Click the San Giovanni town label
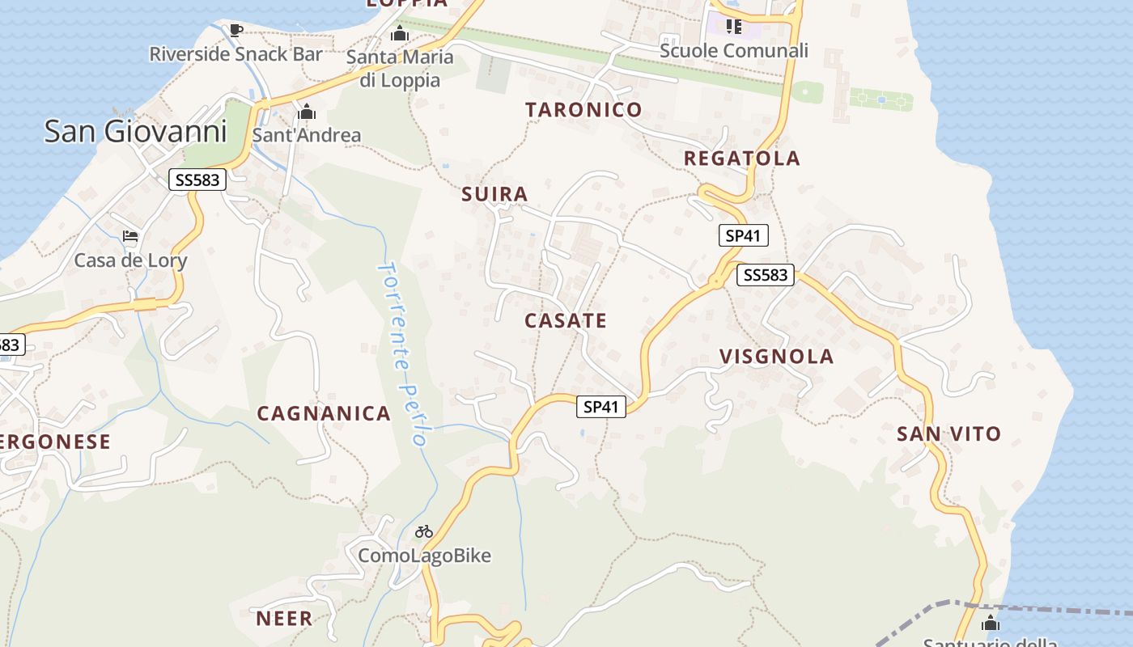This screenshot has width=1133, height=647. pyautogui.click(x=135, y=131)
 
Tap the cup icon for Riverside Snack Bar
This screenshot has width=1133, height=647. pyautogui.click(x=236, y=31)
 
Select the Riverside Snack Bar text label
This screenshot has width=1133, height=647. pyautogui.click(x=236, y=54)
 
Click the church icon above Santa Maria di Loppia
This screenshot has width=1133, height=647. pyautogui.click(x=399, y=35)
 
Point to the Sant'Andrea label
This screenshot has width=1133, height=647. pyautogui.click(x=307, y=135)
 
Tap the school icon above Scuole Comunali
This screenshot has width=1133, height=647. pyautogui.click(x=734, y=27)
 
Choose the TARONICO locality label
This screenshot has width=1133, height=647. pyautogui.click(x=583, y=109)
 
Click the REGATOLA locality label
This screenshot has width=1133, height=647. pyautogui.click(x=742, y=159)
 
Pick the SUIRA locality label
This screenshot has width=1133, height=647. pyautogui.click(x=494, y=194)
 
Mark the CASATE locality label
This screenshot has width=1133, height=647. pyautogui.click(x=566, y=321)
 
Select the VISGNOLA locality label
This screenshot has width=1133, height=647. pyautogui.click(x=777, y=357)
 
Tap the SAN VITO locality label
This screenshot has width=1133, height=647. pyautogui.click(x=949, y=434)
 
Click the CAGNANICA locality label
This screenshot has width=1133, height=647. pyautogui.click(x=324, y=414)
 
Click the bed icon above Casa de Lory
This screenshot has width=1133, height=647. pyautogui.click(x=130, y=236)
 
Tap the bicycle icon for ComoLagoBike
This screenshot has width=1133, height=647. pyautogui.click(x=424, y=531)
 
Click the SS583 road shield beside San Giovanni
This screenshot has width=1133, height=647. pyautogui.click(x=197, y=180)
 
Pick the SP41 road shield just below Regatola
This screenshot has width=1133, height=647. pyautogui.click(x=743, y=235)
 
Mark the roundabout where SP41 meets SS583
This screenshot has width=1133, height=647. pyautogui.click(x=716, y=281)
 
